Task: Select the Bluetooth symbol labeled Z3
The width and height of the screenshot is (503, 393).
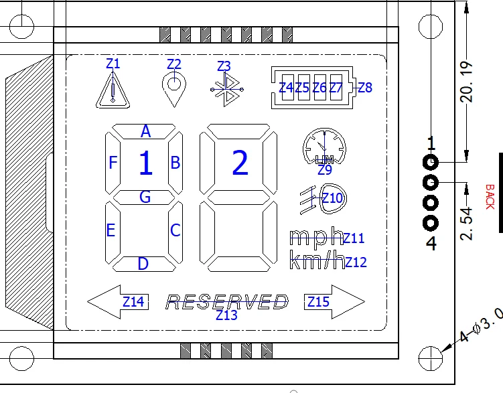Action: coord(224,90)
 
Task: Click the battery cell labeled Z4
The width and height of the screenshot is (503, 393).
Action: coord(287,88)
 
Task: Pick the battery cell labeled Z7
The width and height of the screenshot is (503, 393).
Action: coord(336,88)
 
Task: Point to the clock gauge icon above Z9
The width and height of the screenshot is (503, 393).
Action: coord(324,145)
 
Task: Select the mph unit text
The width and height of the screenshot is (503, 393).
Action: coord(315,238)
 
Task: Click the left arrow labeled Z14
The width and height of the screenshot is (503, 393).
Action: coord(119,302)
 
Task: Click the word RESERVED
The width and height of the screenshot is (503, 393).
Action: coord(227,303)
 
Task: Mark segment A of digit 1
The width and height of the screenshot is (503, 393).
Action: coord(145,131)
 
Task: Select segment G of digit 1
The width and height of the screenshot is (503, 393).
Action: coord(145,197)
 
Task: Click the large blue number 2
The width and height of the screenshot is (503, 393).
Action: coord(240,163)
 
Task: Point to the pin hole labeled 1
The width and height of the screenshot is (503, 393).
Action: coord(430,162)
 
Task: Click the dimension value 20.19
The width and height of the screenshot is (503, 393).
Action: coord(468,82)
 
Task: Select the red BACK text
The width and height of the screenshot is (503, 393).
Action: coord(490,196)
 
